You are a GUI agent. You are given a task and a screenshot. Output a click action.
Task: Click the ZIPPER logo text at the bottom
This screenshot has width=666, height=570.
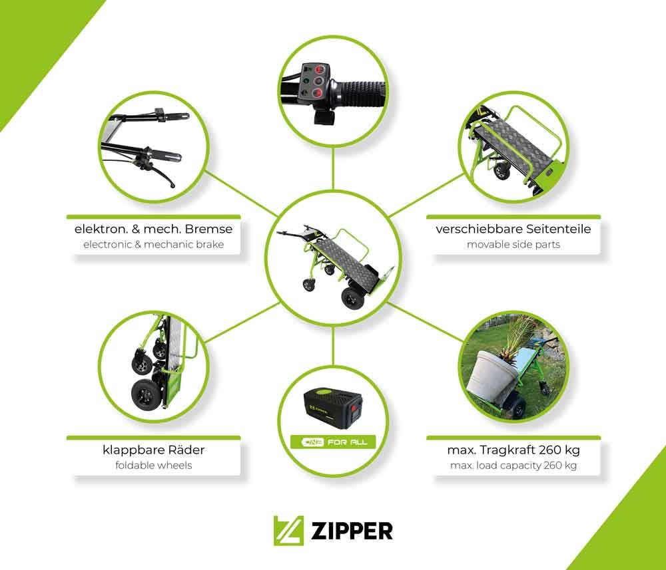(x=351, y=531)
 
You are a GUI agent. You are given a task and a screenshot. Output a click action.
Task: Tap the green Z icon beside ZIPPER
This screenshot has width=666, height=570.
(x=288, y=531)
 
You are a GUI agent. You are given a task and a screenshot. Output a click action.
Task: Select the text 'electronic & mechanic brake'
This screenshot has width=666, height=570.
(x=153, y=244)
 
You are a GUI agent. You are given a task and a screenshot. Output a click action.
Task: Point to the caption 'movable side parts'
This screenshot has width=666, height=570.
(x=513, y=244)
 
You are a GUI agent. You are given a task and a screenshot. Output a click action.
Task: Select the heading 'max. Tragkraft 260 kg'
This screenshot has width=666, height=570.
(x=513, y=450)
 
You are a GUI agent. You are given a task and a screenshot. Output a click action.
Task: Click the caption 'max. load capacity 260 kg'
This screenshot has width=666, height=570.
(x=513, y=466)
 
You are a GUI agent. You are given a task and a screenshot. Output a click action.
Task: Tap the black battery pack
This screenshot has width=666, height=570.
(x=332, y=408)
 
